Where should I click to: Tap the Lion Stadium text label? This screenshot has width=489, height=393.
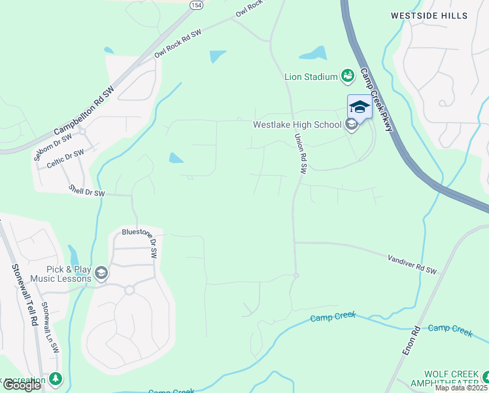click(311, 77)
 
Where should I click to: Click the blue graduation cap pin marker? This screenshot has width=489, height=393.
click(359, 107)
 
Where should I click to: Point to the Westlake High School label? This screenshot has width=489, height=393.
click(297, 124)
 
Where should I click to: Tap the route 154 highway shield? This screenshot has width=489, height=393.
click(195, 5)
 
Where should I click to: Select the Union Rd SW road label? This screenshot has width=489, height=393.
click(301, 153)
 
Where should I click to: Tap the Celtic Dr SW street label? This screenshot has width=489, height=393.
click(65, 159)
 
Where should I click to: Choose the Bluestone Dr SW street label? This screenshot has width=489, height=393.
click(140, 242)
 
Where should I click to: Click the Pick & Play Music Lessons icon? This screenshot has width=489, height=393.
click(101, 273)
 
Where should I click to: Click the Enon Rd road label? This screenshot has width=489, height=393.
click(411, 341)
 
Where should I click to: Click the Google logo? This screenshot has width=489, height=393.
click(21, 385)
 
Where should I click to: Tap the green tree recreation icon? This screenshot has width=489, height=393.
click(56, 379)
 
